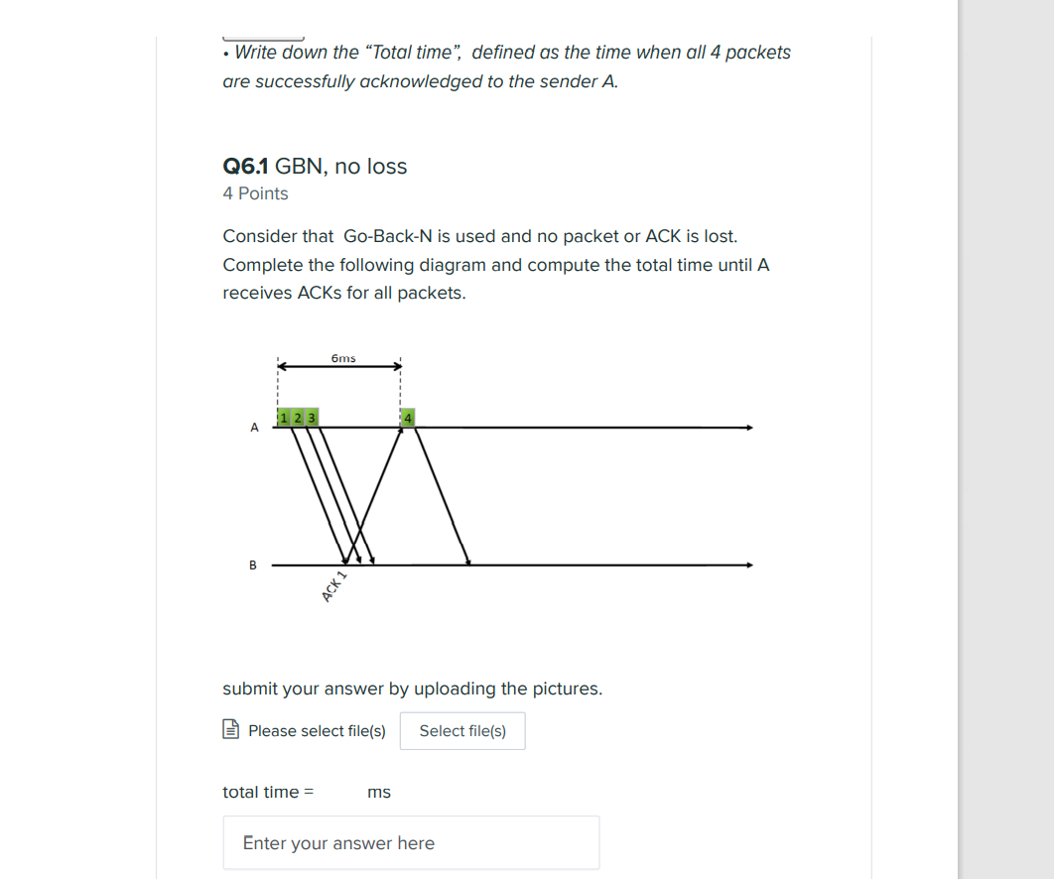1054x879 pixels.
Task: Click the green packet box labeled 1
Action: [284, 418]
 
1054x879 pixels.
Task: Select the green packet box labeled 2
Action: [297, 418]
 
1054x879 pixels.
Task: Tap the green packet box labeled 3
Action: [311, 418]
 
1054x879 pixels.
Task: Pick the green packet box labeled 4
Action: [407, 418]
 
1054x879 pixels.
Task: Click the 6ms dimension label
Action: [343, 357]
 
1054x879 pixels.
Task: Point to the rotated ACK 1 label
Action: [334, 587]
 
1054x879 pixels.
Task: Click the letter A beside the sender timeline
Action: [254, 428]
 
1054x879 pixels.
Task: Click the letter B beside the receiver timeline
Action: [252, 565]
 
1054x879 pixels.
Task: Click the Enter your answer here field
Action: [411, 842]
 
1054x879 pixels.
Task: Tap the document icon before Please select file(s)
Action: [231, 730]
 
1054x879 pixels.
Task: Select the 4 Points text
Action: [255, 193]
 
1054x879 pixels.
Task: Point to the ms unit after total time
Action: [379, 792]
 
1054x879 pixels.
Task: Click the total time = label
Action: [268, 792]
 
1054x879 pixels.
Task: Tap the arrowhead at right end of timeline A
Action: [749, 428]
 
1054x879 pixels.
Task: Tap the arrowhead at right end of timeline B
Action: [749, 565]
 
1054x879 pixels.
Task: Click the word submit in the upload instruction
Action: [250, 689]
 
